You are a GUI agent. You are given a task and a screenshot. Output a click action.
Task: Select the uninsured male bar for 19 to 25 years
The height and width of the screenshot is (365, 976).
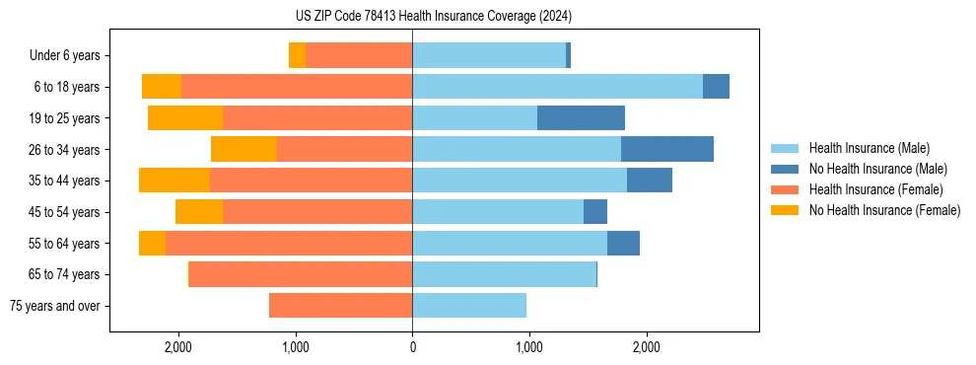coord(581,118)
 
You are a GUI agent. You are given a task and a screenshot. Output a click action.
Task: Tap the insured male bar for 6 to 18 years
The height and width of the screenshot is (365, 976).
coord(557,87)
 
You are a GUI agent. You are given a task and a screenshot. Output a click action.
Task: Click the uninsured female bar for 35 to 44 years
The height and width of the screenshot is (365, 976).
coord(174,181)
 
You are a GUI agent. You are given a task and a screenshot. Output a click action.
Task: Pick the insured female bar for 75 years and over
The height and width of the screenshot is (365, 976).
coord(340,306)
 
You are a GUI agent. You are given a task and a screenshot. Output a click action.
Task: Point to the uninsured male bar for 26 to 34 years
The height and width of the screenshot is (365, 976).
coord(667,150)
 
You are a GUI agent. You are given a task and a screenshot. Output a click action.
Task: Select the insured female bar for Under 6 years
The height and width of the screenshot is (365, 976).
coord(359,55)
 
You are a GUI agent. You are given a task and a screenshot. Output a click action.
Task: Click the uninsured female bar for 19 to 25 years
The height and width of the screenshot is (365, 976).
coord(185,118)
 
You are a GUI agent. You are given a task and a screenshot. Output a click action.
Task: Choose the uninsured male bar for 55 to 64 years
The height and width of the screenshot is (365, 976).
coord(623,244)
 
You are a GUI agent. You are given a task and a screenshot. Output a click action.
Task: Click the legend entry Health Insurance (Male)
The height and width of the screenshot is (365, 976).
coord(869,148)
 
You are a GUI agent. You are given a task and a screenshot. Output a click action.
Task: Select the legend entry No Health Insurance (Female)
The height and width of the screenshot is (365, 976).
coord(884,210)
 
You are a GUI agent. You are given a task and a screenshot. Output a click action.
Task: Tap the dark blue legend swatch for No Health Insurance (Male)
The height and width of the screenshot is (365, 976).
coord(786,169)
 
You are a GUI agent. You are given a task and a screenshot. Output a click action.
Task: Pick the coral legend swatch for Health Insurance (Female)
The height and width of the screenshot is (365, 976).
coord(786,189)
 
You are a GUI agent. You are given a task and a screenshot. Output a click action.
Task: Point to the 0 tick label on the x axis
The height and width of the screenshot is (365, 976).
coord(412,347)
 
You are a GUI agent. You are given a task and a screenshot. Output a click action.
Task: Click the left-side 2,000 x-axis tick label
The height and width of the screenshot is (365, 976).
coord(178,347)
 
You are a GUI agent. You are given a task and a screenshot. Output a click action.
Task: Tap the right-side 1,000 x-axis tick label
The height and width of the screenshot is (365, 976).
coord(529,347)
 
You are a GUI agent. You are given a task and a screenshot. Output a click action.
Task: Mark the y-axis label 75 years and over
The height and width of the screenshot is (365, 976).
coord(55,306)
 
